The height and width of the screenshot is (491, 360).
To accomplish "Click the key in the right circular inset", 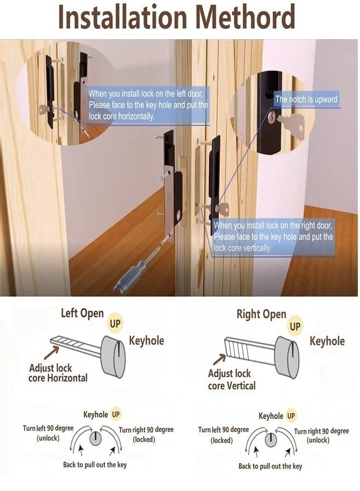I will coord(290,123).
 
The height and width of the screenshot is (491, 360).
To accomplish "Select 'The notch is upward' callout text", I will coord(306,99).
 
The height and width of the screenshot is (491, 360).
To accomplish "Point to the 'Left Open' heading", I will coord(82,313).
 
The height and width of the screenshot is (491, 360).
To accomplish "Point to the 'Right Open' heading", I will coord(261,314).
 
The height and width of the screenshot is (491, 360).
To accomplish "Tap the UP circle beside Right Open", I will coord(295,326).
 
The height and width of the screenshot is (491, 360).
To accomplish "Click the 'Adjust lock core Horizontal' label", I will coord(58,373).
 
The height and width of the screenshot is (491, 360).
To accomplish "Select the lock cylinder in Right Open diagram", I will coord(287,357).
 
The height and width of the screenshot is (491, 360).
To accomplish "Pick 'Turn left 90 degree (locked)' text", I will coord(223,435).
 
